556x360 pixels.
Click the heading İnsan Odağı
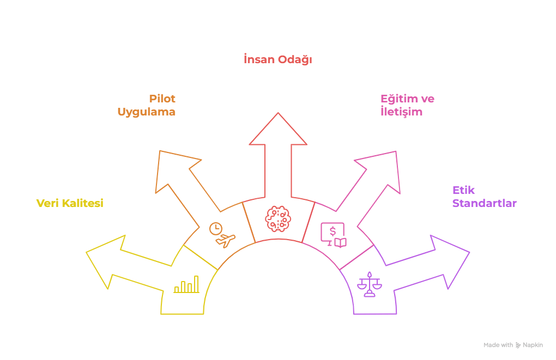(277, 59)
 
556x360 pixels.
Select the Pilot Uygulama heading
(147, 105)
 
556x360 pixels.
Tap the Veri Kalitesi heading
(70, 203)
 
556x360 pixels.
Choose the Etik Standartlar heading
(484, 197)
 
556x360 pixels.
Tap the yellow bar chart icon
(186, 284)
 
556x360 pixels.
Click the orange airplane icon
(225, 240)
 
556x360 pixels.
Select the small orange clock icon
(216, 228)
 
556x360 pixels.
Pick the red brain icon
(278, 218)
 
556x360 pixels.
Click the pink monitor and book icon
(333, 235)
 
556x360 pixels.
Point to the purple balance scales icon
(370, 284)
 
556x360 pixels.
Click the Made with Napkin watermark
(513, 345)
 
